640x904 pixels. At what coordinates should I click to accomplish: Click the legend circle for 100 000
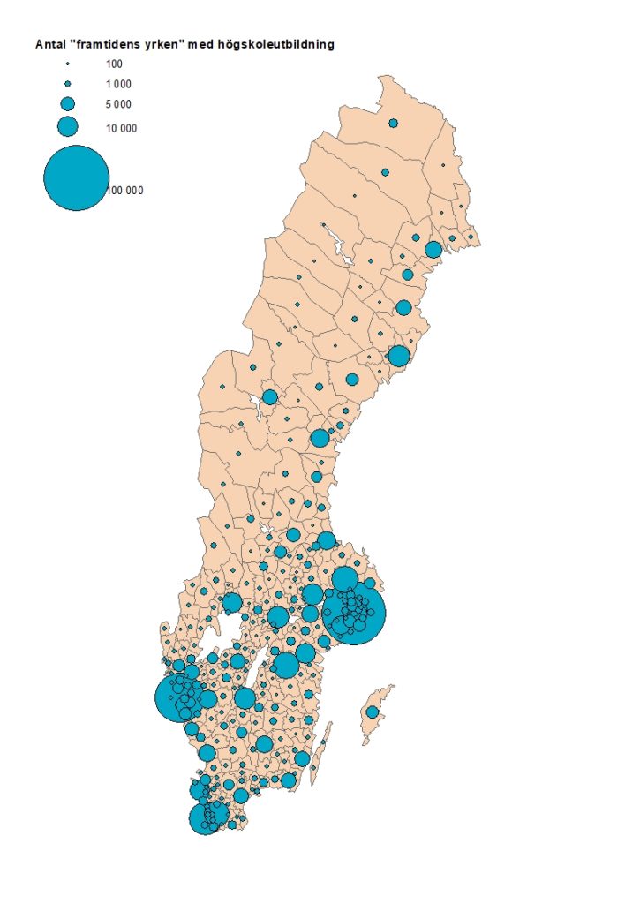click(x=76, y=177)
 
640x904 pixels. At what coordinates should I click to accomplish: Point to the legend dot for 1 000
click(x=68, y=83)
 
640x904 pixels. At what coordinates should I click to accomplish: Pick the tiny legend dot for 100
click(x=68, y=64)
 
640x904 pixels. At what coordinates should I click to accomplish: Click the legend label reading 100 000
click(x=126, y=190)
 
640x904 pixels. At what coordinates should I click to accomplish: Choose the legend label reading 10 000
click(x=121, y=128)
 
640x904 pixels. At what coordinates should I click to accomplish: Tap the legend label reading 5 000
click(x=118, y=105)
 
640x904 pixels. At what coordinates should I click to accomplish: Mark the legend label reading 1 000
click(x=118, y=84)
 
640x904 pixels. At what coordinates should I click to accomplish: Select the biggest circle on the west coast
click(x=179, y=698)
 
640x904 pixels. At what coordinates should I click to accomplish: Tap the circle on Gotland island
click(x=373, y=712)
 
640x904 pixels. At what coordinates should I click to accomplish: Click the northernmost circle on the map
click(x=393, y=123)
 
